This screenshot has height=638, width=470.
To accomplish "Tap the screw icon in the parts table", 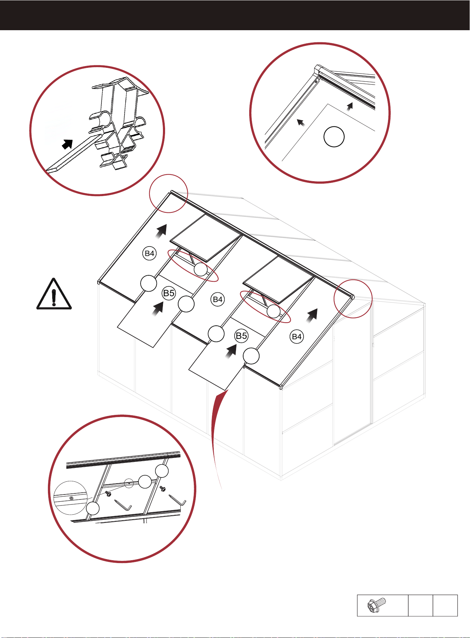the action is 377,605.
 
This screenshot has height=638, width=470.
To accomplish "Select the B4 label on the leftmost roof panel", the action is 149,253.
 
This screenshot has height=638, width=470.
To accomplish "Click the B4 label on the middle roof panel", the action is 218,299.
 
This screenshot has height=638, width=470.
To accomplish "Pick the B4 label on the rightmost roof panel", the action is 297,337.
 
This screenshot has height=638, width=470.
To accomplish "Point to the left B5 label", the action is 169,293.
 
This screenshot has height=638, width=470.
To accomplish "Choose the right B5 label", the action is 241,336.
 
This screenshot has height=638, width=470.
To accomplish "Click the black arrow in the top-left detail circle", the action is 67,144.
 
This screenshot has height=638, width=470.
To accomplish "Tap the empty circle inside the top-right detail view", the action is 334,137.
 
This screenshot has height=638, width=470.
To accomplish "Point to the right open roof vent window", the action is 279,280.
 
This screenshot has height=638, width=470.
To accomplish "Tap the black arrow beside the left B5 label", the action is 158,308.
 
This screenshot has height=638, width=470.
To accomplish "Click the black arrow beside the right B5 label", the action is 231,350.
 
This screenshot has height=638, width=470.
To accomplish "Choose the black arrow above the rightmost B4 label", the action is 312,315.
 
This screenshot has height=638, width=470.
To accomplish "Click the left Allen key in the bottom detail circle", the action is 124,504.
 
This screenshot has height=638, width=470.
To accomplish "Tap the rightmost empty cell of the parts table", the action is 445,605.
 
